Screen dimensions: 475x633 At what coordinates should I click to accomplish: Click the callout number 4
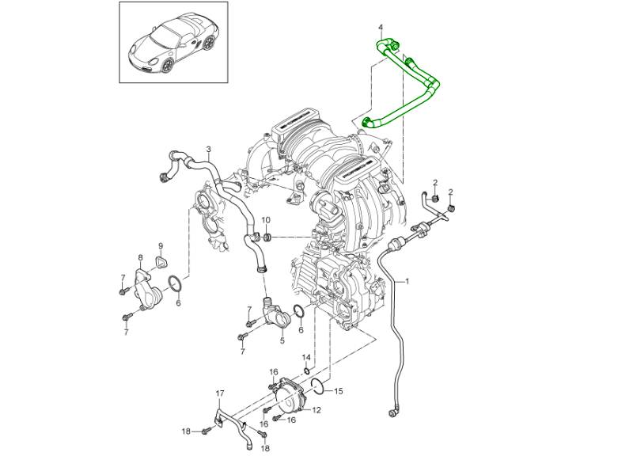tap(380, 29)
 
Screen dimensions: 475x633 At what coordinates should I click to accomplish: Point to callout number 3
tap(208, 150)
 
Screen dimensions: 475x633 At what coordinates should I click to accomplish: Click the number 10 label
tap(266, 220)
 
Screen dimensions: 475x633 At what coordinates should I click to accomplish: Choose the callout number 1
tap(408, 281)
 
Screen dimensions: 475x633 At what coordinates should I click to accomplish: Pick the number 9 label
tap(160, 245)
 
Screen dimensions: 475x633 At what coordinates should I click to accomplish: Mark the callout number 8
tap(141, 258)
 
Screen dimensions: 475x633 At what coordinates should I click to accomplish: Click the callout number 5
tap(282, 342)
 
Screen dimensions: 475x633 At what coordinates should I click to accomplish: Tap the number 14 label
tap(306, 359)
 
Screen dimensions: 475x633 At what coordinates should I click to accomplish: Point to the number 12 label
tap(316, 410)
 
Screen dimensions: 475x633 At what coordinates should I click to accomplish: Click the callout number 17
tap(221, 393)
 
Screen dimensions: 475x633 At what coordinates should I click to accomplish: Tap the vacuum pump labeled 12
tap(289, 396)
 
